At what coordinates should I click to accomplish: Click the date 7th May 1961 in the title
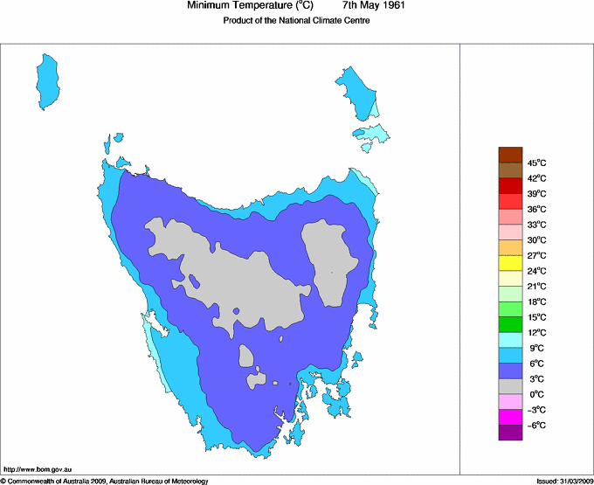(x=374, y=6)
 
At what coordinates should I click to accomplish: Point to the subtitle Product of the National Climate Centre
(x=297, y=21)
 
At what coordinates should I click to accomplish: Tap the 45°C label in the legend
(x=537, y=163)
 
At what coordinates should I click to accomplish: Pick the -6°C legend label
(x=537, y=425)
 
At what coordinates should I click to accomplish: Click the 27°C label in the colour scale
(x=537, y=255)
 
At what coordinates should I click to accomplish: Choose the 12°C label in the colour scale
(x=537, y=332)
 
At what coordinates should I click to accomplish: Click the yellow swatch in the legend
(x=510, y=263)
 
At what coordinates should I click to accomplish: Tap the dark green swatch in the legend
(x=510, y=324)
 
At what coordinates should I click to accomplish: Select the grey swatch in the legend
(x=510, y=386)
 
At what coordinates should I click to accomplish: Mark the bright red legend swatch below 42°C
(x=510, y=185)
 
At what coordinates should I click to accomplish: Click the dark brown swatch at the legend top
(x=510, y=155)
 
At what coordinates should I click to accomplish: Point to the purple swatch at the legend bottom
(x=510, y=433)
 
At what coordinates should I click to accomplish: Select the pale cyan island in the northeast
(x=371, y=134)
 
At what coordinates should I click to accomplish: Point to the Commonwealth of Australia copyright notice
(x=105, y=480)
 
